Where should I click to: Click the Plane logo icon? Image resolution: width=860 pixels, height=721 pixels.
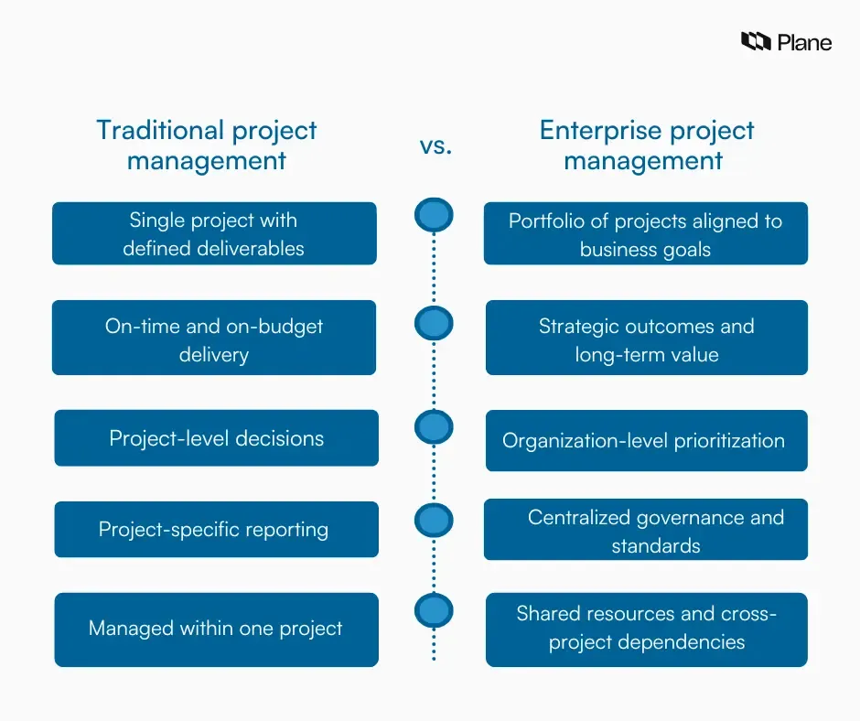pos(756,41)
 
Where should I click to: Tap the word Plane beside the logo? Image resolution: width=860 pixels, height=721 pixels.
pos(804,42)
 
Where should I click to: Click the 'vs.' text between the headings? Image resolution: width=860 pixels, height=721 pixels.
pos(435,145)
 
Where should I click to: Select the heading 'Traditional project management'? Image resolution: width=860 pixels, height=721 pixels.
pos(207,145)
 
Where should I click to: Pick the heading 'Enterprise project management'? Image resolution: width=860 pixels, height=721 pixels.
pos(646,145)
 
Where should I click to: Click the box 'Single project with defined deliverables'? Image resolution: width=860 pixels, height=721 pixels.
pos(214,234)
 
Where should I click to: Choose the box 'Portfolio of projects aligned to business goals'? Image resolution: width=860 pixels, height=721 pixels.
pos(645,234)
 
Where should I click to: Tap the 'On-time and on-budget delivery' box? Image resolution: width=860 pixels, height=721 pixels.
pos(214,339)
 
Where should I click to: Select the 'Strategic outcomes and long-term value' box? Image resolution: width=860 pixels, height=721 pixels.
pos(646,339)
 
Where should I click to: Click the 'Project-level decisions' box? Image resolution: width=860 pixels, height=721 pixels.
pos(216,438)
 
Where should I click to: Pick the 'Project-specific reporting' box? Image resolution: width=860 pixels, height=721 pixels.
pos(216,530)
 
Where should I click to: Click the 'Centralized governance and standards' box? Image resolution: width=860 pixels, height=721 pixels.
pos(645,531)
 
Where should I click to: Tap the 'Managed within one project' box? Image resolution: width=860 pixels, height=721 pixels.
pos(216,630)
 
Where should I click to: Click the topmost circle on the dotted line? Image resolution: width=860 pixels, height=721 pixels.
pos(434,216)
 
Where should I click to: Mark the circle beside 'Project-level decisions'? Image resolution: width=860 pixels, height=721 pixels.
pos(434,427)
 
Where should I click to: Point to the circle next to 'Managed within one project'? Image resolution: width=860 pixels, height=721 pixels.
pos(434,610)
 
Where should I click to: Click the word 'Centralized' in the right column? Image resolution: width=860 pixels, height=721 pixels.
pos(577,518)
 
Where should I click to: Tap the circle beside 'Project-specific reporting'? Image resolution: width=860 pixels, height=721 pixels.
pos(434,521)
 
